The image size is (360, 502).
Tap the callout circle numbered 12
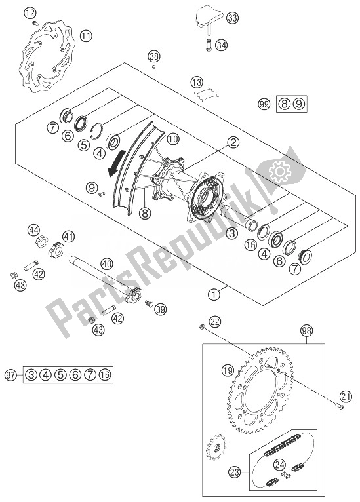[29, 12]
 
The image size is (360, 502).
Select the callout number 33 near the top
[232, 18]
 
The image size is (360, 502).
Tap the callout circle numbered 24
[280, 465]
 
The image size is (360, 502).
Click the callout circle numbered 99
[264, 104]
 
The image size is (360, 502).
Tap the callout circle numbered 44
[33, 229]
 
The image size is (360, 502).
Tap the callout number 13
[196, 83]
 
